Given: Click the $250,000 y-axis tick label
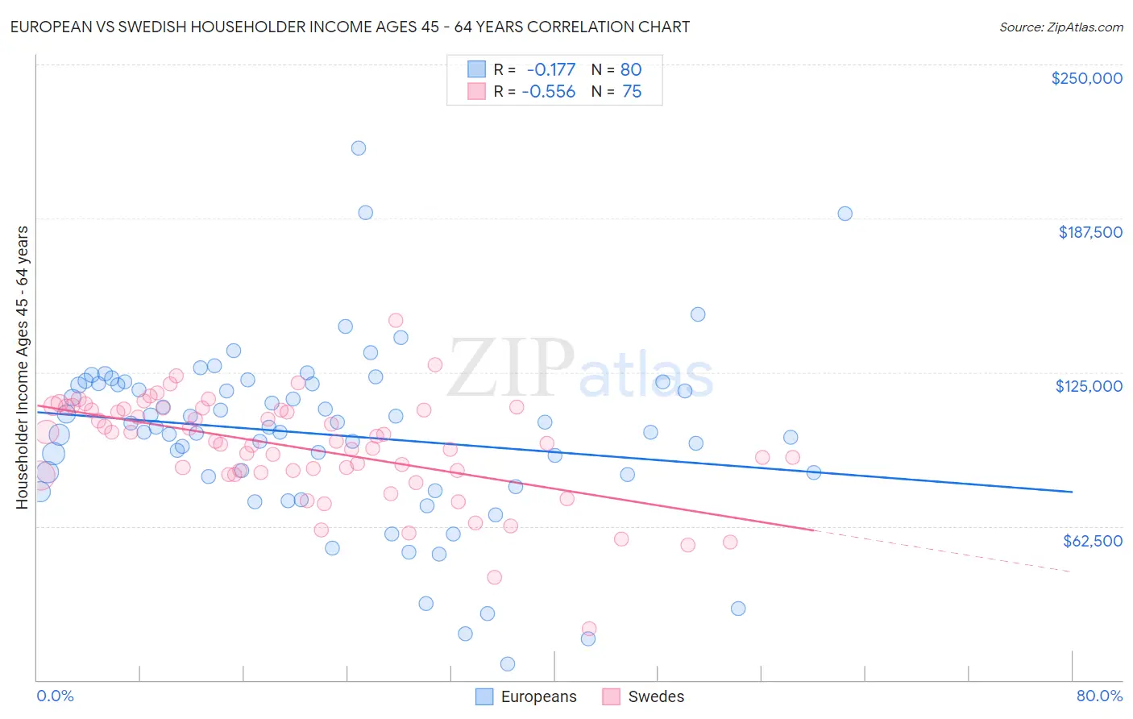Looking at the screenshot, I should tap(1086, 78).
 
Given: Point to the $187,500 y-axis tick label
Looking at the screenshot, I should tap(1089, 232).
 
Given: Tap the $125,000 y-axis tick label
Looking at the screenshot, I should tap(1089, 386).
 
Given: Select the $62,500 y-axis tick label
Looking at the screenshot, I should tap(1092, 541).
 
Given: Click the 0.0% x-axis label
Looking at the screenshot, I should tap(55, 696).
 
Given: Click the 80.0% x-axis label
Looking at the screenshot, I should tap(1099, 696).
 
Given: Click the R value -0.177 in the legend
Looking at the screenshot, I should tap(551, 69).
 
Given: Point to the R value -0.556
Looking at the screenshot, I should tap(549, 92).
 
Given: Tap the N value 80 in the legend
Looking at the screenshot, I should tap(631, 69).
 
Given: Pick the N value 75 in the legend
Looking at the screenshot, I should tap(632, 92).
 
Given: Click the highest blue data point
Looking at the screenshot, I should tap(359, 148).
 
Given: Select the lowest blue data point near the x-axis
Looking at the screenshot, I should tap(508, 664).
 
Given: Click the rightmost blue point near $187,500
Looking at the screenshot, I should tap(845, 214).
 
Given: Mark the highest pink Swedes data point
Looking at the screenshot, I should tap(396, 321).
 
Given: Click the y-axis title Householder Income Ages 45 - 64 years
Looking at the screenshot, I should tap(22, 367).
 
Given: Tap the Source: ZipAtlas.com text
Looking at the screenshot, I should tap(1060, 27).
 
